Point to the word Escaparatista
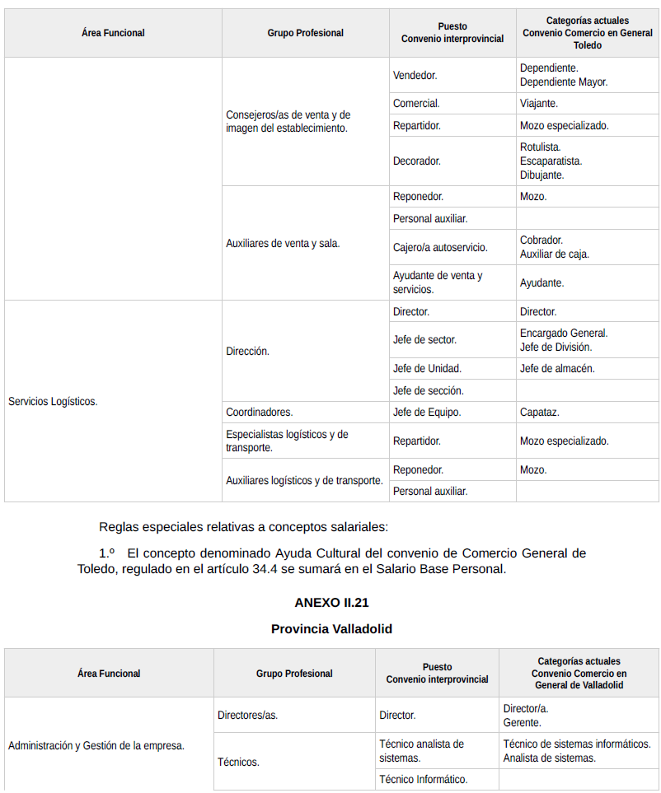pos(551,161)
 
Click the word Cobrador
pos(541,240)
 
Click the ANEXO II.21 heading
pos(331,603)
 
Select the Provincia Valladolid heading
pos(331,629)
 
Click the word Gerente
pos(523,723)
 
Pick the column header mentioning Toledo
pos(587,33)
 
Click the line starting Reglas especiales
pos(243,527)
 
